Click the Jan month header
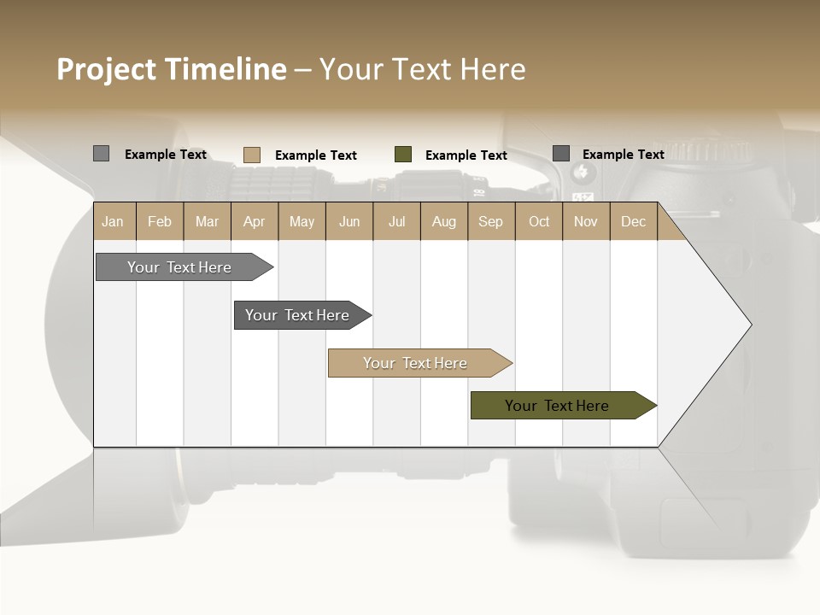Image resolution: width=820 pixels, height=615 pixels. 113,221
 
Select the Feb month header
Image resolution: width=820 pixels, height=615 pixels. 160,221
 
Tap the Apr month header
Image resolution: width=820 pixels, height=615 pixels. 254,221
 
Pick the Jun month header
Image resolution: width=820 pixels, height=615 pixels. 349,221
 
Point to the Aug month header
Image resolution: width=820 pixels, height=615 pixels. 443,221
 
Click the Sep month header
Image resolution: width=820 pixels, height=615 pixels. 490,221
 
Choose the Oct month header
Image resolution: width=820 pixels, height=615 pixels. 539,221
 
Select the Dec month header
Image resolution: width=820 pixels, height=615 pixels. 633,221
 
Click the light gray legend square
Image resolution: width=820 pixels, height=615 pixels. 101,154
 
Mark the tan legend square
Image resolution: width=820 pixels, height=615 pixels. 251,155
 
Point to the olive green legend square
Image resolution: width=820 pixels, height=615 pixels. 403,155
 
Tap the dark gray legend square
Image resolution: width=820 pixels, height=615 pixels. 561,154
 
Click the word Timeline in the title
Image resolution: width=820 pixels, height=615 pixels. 225,69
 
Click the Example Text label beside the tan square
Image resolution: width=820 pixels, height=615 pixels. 315,155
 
